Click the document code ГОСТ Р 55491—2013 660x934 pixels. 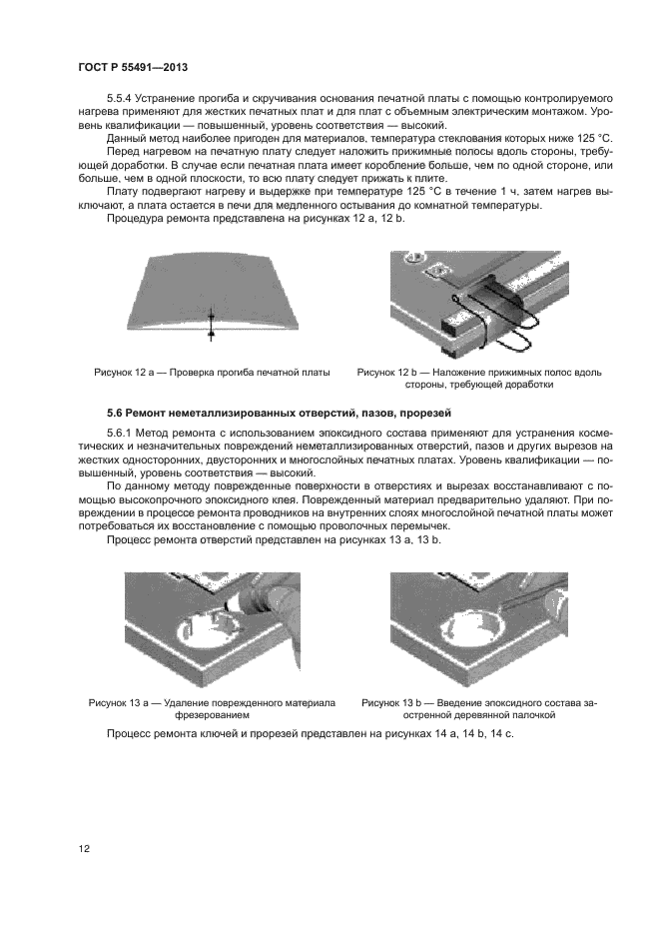pyautogui.click(x=133, y=67)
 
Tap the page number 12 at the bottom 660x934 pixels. pyautogui.click(x=84, y=849)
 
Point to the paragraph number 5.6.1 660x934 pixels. pyautogui.click(x=121, y=432)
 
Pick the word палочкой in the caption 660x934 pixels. pyautogui.click(x=531, y=716)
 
